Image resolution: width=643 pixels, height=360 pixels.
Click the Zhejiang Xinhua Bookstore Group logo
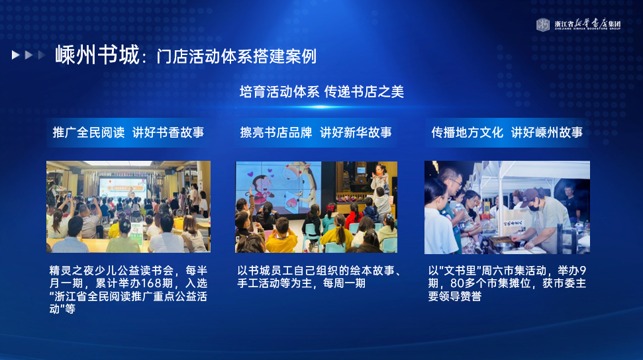pyautogui.click(x=579, y=24)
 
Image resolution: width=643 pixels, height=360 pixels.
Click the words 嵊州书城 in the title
pyautogui.click(x=97, y=55)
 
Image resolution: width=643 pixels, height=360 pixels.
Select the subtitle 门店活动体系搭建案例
pyautogui.click(x=236, y=57)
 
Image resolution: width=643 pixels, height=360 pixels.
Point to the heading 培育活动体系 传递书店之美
pyautogui.click(x=322, y=91)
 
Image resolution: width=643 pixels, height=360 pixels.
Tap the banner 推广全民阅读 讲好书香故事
pyautogui.click(x=128, y=132)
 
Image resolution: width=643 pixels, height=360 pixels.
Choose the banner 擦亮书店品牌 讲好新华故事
pyautogui.click(x=316, y=132)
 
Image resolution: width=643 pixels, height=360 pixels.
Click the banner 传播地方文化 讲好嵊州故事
pyautogui.click(x=507, y=132)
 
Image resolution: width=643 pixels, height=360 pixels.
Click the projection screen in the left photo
pyautogui.click(x=123, y=187)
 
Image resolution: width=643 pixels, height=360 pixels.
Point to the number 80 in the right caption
pyautogui.click(x=457, y=283)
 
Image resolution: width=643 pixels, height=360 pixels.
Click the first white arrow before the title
pyautogui.click(x=16, y=54)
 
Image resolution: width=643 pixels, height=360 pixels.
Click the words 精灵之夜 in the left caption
pyautogui.click(x=66, y=271)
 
